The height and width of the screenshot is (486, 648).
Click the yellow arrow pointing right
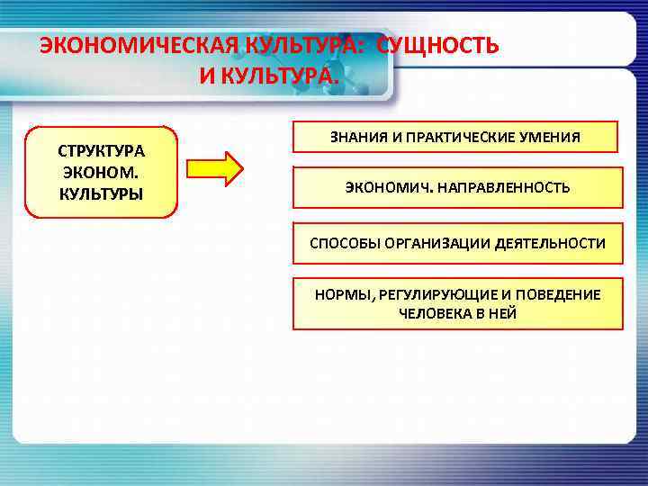coord(214,168)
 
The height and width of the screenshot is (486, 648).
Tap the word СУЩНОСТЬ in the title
coord(437,46)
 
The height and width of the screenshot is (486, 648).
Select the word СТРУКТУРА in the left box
coord(101,149)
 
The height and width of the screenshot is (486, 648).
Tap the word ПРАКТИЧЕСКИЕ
coord(469,138)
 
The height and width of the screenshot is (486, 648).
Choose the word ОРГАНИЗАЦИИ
coord(432,243)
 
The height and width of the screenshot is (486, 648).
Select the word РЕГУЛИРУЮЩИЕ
coord(421,294)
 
